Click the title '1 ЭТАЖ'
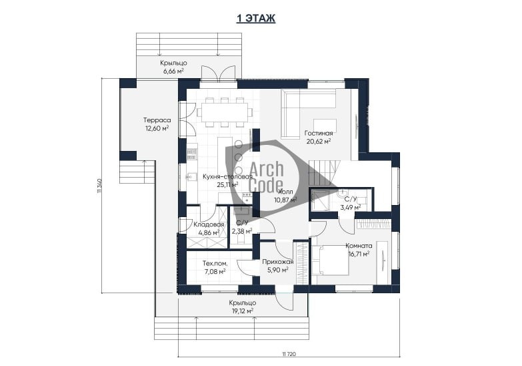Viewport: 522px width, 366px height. click(256, 18)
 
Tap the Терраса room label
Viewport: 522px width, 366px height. click(157, 120)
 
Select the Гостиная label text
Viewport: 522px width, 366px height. click(319, 134)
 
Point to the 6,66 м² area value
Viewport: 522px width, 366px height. click(173, 71)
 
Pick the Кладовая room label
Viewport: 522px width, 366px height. click(209, 224)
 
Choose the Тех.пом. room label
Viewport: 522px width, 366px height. click(215, 264)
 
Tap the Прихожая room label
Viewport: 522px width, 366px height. click(278, 262)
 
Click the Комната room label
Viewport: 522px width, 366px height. click(359, 246)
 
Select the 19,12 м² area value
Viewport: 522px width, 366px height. click(243, 311)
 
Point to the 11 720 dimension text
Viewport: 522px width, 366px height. click(289, 354)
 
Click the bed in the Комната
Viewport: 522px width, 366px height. click(331, 260)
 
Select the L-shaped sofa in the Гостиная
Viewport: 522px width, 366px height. click(308, 114)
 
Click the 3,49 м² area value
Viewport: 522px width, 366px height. click(350, 208)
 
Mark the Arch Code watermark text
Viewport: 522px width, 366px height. click(266, 177)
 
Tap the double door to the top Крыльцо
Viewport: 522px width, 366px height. click(218, 73)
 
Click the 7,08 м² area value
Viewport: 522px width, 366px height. click(215, 272)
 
